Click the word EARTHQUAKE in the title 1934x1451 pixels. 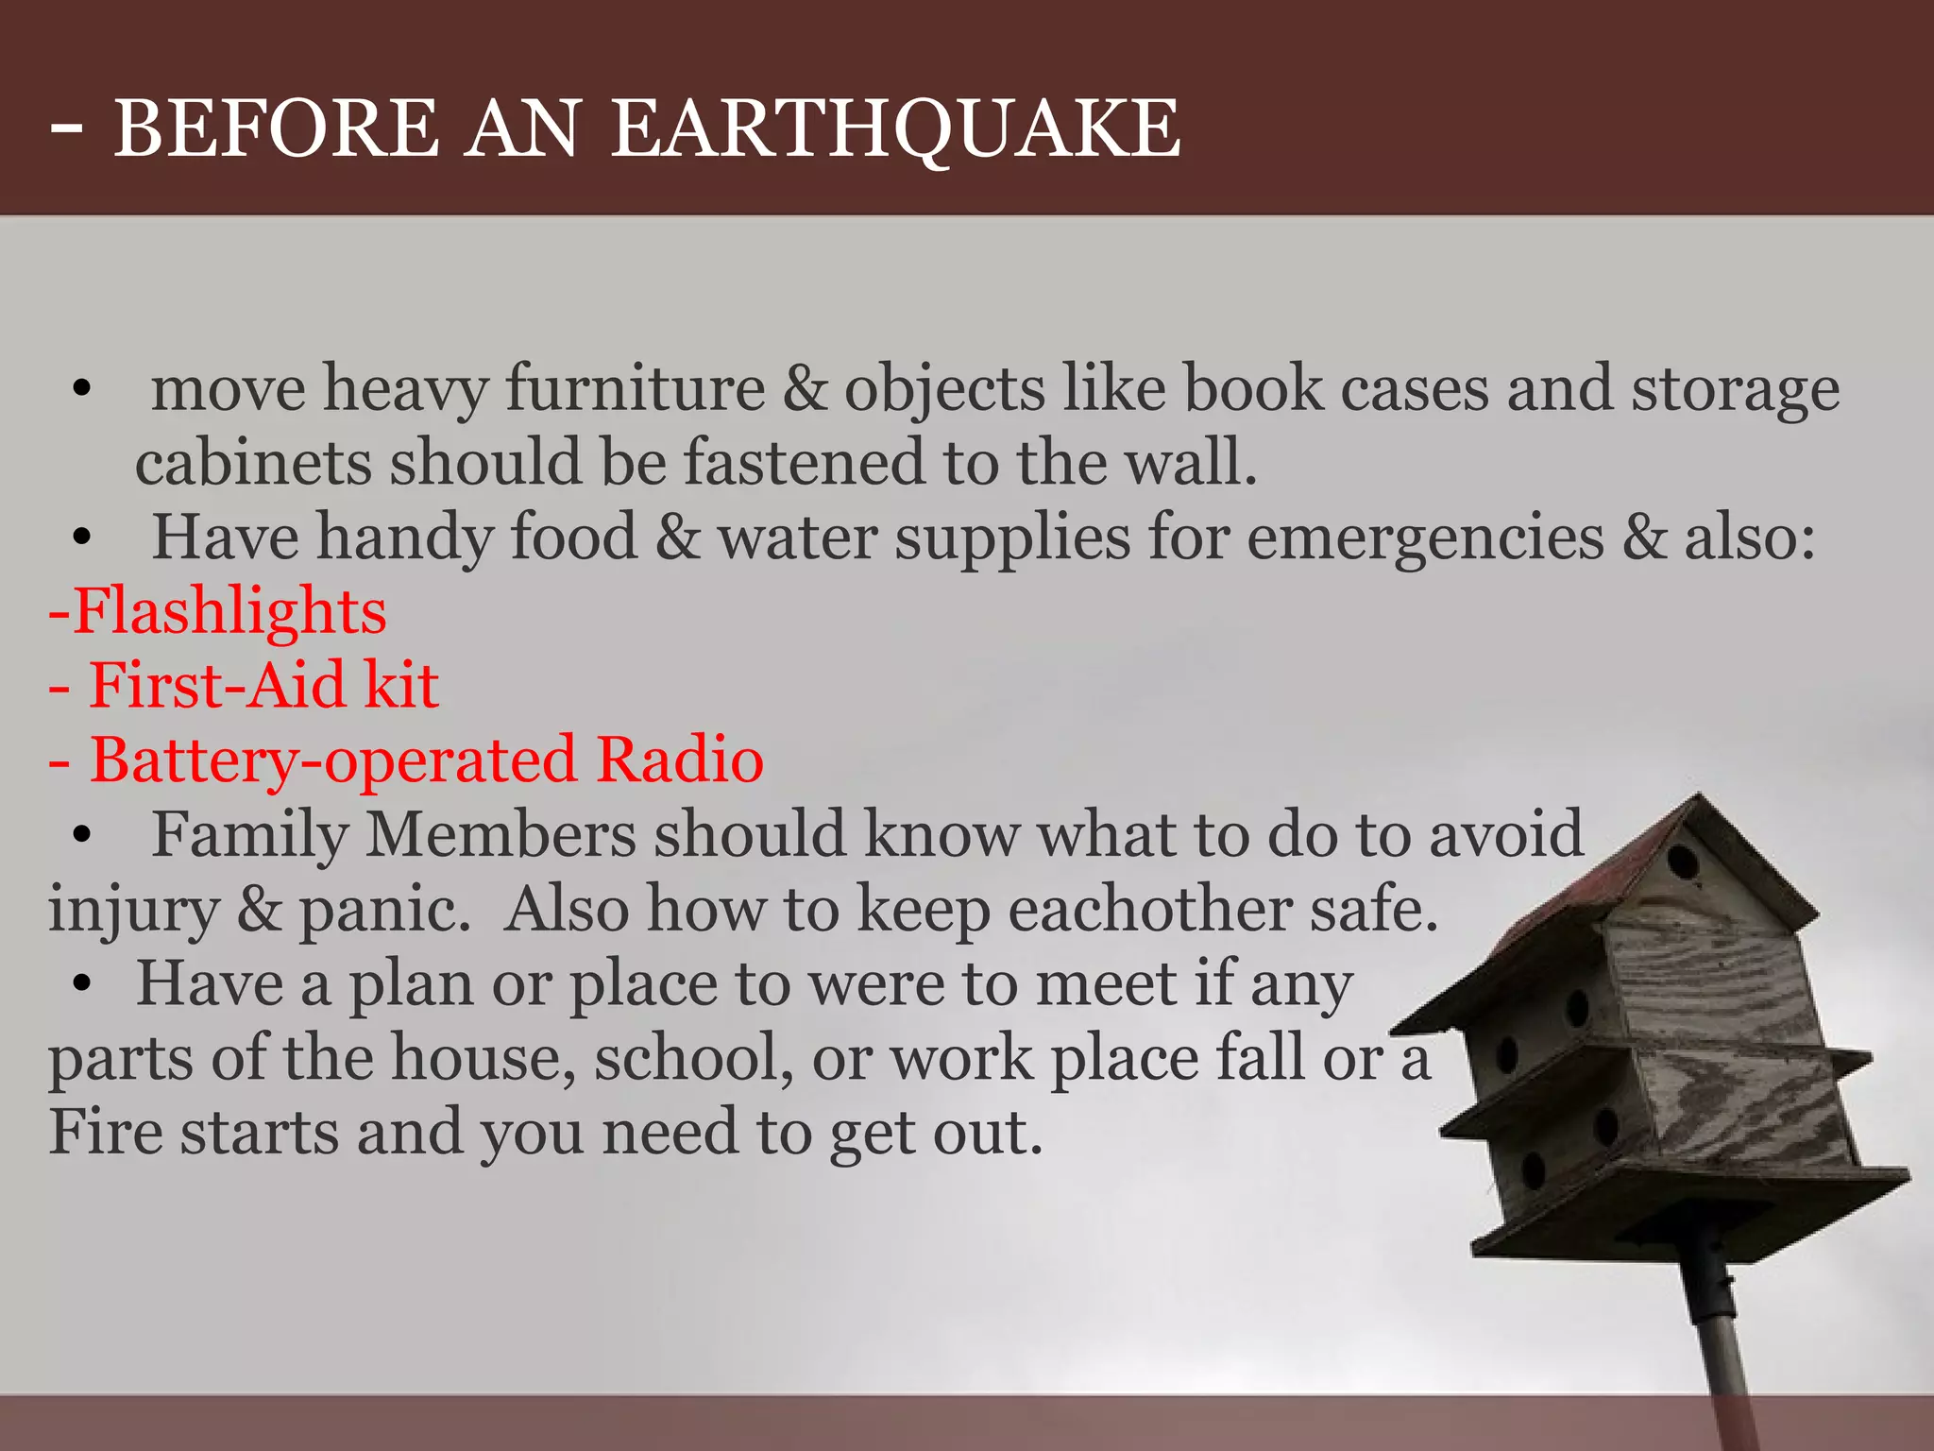[x=895, y=129]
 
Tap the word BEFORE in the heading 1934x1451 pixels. [x=276, y=129]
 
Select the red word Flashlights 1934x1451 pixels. [x=229, y=611]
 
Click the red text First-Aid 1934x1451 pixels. [x=217, y=685]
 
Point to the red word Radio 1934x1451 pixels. [x=680, y=760]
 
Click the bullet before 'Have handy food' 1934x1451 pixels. [x=82, y=538]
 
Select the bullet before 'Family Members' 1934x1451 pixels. [x=82, y=835]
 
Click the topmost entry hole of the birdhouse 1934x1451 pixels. [x=1682, y=861]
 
